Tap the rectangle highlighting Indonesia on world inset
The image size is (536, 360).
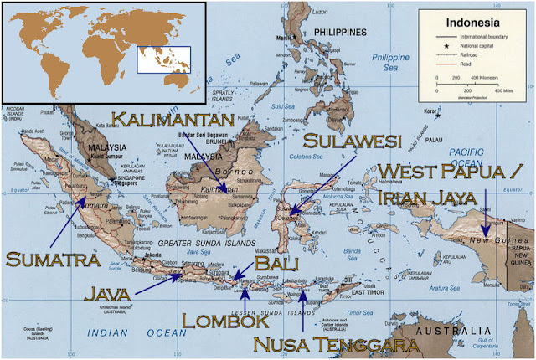click(164, 59)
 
